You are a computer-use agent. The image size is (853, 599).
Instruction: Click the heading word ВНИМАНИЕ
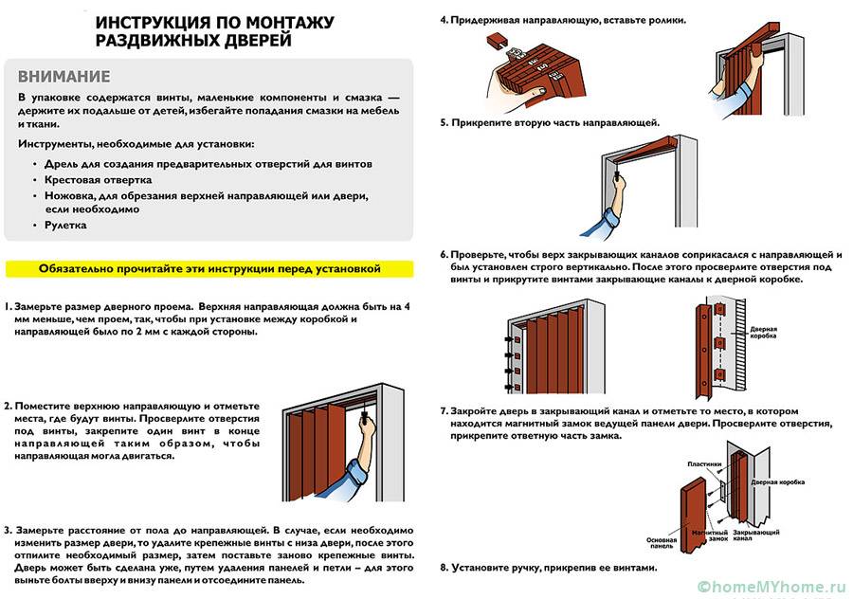pos(64,77)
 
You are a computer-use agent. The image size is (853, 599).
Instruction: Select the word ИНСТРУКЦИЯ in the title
pos(151,22)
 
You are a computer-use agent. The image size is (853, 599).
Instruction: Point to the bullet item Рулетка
pos(65,225)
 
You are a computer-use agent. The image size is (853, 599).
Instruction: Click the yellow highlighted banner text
pos(209,268)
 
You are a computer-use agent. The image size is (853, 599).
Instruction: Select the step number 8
pos(444,567)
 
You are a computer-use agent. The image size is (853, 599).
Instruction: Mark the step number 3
pos(8,529)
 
